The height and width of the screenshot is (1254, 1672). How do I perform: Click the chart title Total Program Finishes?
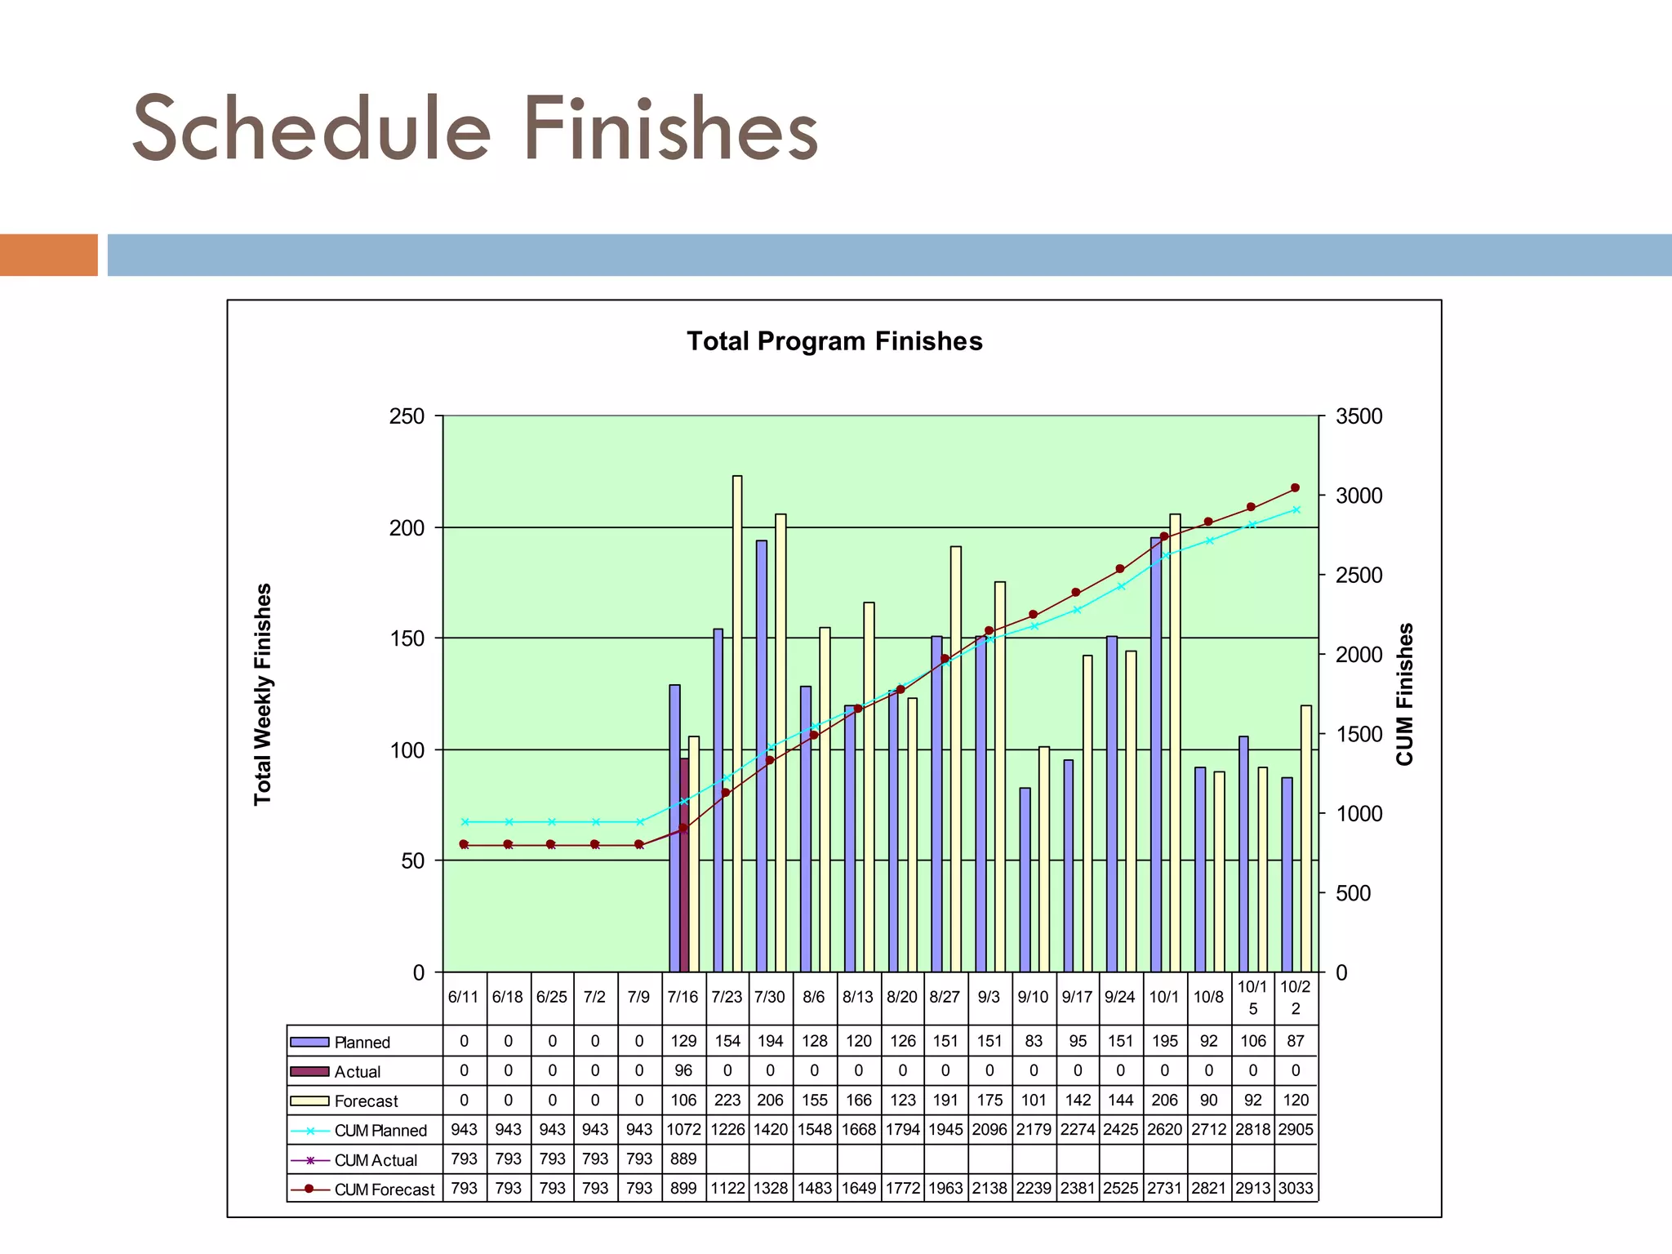coord(834,341)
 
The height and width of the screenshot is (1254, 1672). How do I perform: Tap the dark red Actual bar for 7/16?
coord(684,865)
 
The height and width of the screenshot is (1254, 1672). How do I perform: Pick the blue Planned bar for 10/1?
coord(1156,754)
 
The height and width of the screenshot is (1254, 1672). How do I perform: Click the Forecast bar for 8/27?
coord(955,759)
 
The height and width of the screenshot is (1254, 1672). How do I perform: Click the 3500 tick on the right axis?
coord(1358,416)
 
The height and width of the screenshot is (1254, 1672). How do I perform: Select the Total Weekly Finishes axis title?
coord(262,694)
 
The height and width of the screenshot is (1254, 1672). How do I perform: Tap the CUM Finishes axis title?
coord(1404,694)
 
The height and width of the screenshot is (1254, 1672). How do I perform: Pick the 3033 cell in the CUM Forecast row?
coord(1296,1189)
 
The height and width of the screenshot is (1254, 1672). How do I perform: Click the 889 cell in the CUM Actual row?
coord(683,1159)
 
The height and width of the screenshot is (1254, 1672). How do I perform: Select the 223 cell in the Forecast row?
coord(727,1101)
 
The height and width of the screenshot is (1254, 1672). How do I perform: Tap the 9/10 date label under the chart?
coord(1034,997)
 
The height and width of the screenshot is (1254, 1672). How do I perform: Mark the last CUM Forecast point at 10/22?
coord(1295,488)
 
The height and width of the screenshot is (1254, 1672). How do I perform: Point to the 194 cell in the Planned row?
coord(770,1042)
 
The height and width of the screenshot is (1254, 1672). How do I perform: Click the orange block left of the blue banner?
coord(49,255)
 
